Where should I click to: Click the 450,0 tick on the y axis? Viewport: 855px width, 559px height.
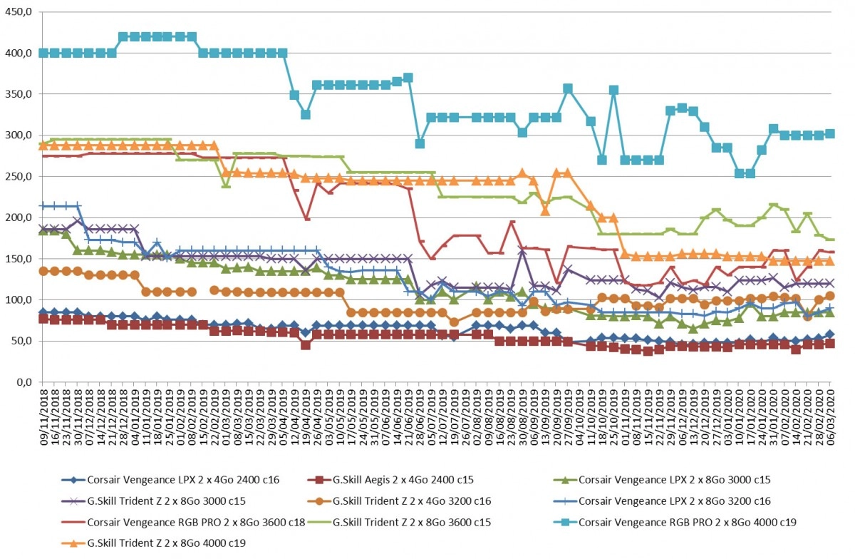coord(18,12)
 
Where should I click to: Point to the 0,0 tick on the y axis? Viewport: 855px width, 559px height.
coord(24,381)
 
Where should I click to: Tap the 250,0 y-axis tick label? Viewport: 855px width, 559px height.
coord(18,177)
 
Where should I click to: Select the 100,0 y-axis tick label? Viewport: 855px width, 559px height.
coord(18,299)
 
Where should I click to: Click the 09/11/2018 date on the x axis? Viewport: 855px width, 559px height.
coord(43,417)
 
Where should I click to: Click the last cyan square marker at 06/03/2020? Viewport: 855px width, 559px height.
coord(830,134)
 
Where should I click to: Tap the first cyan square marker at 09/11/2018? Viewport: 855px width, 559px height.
coord(43,53)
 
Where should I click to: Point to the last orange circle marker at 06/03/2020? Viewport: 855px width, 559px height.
coord(830,296)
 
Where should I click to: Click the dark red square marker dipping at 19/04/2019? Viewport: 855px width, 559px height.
coord(306,345)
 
